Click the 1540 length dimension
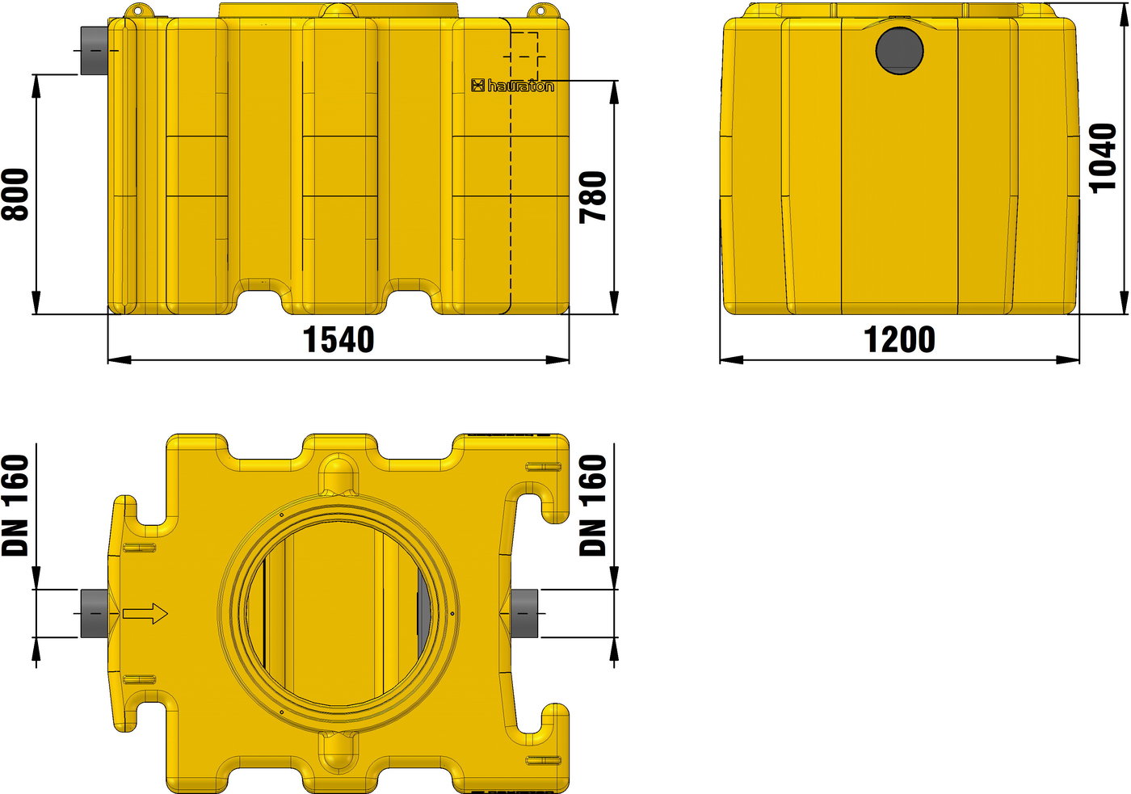(x=338, y=340)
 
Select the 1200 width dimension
(x=899, y=340)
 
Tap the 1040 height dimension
(x=1103, y=158)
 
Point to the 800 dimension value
(x=15, y=195)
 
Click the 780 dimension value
(x=592, y=197)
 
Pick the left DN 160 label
(x=15, y=506)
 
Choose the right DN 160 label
(x=592, y=506)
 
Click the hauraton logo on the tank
(x=512, y=86)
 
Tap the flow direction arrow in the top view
(x=145, y=614)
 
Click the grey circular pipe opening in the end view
(x=900, y=50)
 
